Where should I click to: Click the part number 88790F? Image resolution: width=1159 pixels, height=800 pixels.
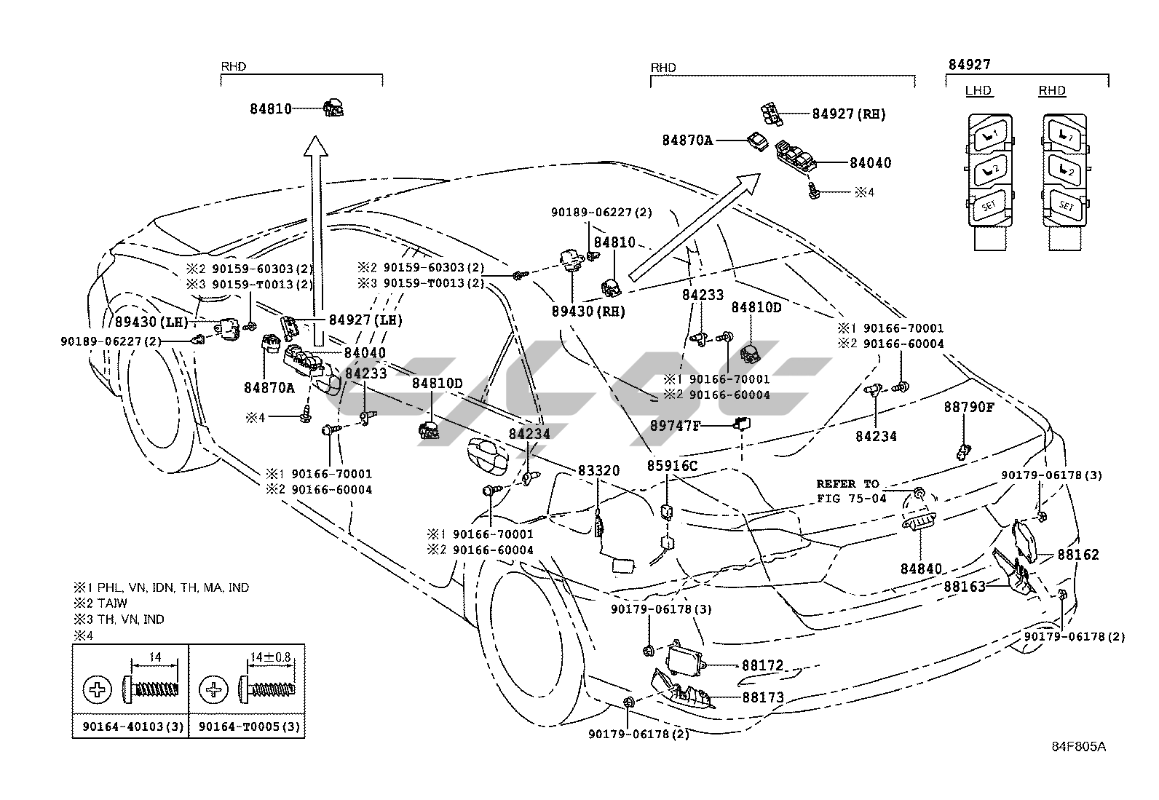[968, 407]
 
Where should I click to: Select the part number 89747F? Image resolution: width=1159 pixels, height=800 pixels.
[674, 426]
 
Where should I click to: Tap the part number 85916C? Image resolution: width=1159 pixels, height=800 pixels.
[672, 466]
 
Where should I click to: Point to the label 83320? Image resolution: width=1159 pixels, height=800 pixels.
[598, 471]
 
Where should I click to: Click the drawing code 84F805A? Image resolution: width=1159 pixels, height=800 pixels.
[1078, 747]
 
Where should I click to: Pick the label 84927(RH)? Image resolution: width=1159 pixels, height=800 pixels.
[849, 114]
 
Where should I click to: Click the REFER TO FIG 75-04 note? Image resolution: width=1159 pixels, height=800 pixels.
[851, 491]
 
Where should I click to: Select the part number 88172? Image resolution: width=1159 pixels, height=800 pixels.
[762, 665]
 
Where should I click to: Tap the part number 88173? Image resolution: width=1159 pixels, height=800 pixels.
[762, 697]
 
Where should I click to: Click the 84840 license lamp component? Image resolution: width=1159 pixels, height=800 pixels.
[919, 523]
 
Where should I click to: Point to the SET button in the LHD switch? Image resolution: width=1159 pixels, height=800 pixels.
[989, 206]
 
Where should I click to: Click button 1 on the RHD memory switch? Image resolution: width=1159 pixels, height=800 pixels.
[1066, 134]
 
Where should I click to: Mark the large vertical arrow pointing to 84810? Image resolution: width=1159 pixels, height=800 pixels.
[316, 233]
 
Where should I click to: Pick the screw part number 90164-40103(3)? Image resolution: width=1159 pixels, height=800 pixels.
[130, 726]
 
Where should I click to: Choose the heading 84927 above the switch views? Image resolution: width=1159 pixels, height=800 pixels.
[968, 65]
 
